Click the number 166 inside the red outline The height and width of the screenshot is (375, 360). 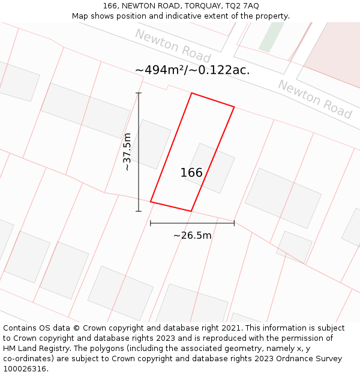(191, 173)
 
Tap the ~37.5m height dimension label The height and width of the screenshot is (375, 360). (127, 152)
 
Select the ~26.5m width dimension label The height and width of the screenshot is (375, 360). (192, 235)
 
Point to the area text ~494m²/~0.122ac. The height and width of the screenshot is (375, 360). (192, 70)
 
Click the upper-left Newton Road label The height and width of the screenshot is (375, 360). (172, 46)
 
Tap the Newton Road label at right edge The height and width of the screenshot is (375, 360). (314, 99)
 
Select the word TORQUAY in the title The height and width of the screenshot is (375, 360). (198, 5)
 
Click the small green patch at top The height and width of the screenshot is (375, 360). (271, 37)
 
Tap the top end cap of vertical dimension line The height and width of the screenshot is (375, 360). (139, 93)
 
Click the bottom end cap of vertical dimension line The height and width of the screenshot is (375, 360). (139, 211)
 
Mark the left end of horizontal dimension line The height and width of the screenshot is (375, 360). (150, 223)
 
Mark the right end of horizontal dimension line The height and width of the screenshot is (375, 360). (234, 223)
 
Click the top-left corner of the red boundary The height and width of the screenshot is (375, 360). (191, 93)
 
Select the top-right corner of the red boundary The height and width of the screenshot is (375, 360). (234, 108)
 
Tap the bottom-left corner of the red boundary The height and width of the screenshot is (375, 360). (150, 202)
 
